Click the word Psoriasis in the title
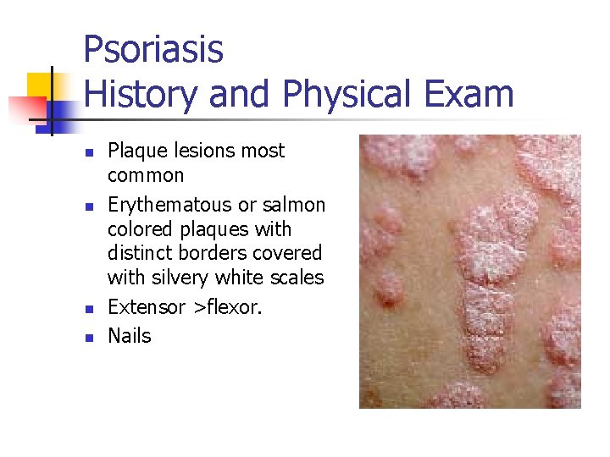coord(153,50)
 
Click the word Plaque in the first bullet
coord(136,151)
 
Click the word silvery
coord(181,278)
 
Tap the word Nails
coord(129,336)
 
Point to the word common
coord(146,176)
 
